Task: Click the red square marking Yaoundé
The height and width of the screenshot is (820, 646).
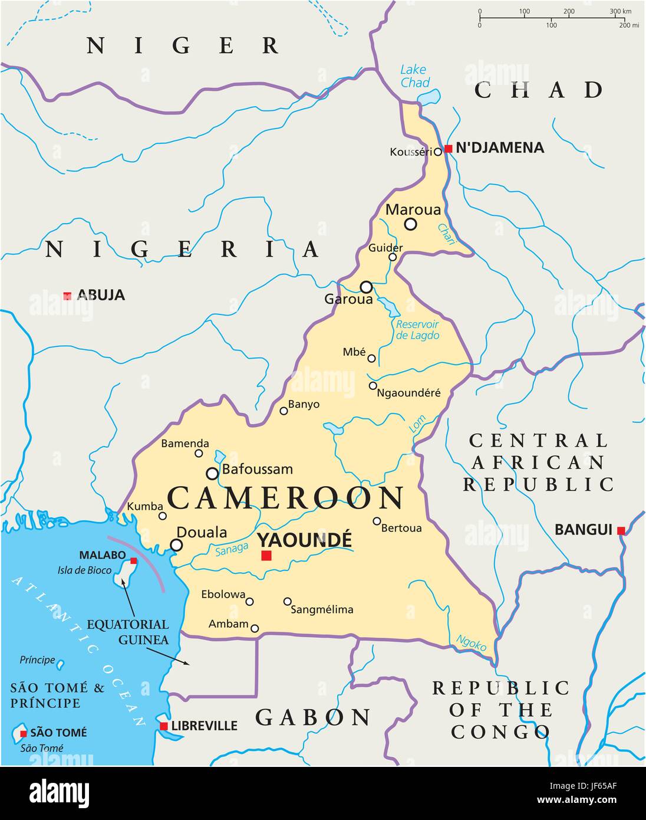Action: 266,555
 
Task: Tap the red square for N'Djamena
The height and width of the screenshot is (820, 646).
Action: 448,149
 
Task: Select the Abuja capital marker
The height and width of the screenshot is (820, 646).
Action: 67,296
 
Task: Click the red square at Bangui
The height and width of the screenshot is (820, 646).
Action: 621,531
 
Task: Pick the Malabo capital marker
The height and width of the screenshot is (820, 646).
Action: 134,561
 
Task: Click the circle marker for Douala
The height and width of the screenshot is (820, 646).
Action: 176,545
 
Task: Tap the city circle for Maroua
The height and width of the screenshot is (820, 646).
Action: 410,224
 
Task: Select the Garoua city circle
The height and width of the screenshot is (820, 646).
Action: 366,287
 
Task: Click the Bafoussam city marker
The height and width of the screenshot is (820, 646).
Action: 212,473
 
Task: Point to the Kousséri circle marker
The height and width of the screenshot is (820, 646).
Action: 437,152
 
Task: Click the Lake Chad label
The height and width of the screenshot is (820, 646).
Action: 414,76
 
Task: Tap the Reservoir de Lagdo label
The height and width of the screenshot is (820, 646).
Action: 417,330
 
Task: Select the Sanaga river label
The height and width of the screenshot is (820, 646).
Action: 231,550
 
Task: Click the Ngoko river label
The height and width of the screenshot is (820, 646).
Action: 472,642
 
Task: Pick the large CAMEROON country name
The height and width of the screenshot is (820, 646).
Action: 286,498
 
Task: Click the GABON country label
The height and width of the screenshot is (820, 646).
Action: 313,717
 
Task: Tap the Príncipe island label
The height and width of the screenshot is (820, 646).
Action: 37,660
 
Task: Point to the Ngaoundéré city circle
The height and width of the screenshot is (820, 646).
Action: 373,386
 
